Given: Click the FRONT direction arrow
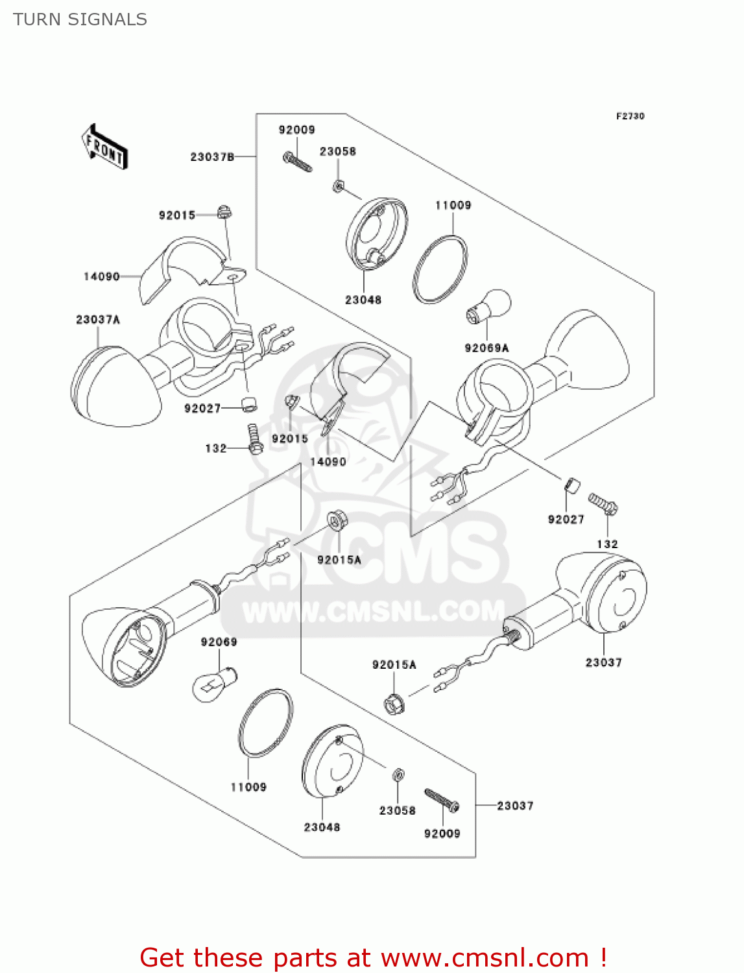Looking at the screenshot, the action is [104, 147].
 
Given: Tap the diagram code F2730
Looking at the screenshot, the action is [630, 116].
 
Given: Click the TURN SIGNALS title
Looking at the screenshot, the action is [80, 19].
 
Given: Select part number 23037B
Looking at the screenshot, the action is [212, 157].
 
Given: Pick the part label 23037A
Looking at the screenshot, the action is [98, 319].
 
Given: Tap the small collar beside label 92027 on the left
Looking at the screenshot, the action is [248, 404].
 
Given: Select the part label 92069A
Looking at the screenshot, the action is [486, 348].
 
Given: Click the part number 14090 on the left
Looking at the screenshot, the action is [102, 276].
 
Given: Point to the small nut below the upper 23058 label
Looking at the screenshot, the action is [337, 186].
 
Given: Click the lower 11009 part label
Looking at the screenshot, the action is [248, 787].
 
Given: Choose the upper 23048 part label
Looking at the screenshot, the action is [363, 300].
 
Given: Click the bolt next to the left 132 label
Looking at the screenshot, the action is [254, 438].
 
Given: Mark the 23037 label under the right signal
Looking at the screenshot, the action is [603, 662].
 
